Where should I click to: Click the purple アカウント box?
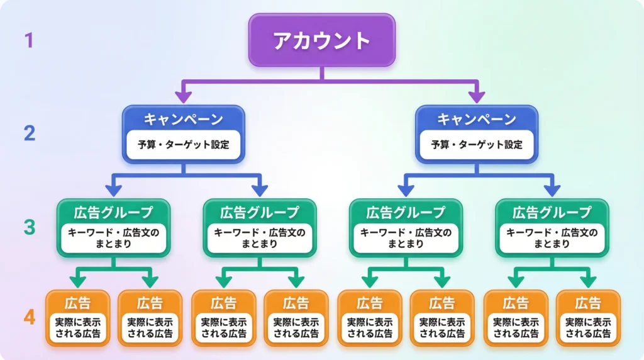[x=321, y=40]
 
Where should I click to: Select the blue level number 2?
[x=30, y=133]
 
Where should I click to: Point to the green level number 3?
[x=29, y=227]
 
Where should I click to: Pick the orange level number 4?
[x=30, y=317]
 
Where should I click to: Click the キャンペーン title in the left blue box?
[x=183, y=119]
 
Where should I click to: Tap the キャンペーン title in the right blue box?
[x=476, y=119]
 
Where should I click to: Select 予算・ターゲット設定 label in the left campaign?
[x=183, y=144]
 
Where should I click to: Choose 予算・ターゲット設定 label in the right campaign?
[x=476, y=144]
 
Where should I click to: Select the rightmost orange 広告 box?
[x=588, y=318]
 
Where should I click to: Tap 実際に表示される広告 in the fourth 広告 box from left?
[x=296, y=327]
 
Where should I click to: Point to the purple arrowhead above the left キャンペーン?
[x=183, y=96]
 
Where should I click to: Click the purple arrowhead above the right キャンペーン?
[x=476, y=96]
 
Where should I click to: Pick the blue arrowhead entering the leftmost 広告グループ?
[x=113, y=189]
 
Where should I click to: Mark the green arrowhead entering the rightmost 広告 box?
[x=588, y=281]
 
